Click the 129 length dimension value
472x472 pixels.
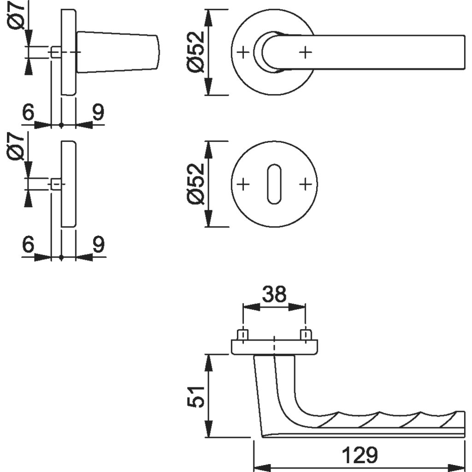tap(360, 455)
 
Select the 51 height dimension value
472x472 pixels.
tap(196, 395)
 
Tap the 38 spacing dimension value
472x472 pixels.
tap(274, 294)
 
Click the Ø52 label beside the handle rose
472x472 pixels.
tap(195, 52)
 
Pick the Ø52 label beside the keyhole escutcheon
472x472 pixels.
tap(195, 184)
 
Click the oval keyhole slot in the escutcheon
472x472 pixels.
tap(274, 184)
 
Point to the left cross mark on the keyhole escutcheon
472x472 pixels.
tap(243, 184)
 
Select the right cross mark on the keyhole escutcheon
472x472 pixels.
tap(305, 184)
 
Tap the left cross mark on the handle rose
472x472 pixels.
tap(243, 53)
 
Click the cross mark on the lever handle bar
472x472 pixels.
tap(305, 53)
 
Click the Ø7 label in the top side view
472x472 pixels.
tap(17, 17)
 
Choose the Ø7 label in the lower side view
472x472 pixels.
tap(17, 147)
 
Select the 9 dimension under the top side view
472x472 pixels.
tap(98, 112)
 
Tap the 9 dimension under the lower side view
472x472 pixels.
tap(98, 245)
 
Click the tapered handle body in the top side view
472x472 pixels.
tap(118, 52)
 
